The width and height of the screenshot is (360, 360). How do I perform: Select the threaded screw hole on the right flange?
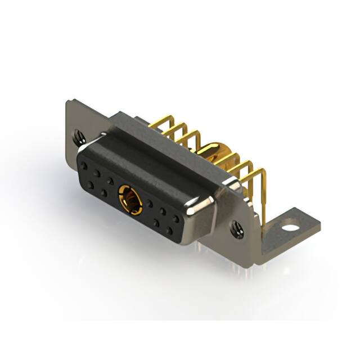point(237,228)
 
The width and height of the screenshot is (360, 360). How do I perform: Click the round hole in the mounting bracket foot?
point(290,228)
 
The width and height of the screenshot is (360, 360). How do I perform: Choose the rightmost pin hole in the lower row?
point(169,231)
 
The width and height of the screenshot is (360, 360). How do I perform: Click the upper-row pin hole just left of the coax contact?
point(111,181)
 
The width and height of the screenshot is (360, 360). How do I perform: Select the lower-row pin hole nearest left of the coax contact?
point(104,192)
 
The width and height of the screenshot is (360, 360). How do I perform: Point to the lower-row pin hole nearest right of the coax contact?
point(156,223)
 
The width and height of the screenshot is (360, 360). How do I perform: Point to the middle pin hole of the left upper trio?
point(97,174)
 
